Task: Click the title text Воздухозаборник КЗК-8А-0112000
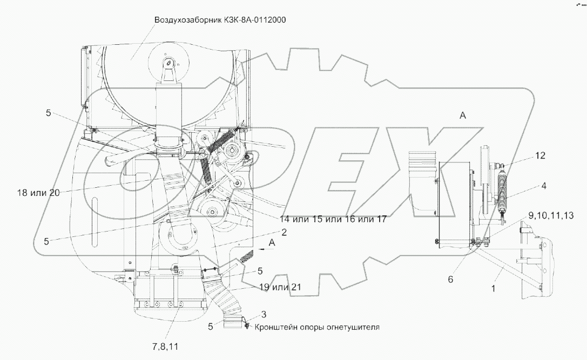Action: click(x=220, y=21)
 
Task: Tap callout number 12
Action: click(x=541, y=155)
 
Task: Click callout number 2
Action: click(x=284, y=232)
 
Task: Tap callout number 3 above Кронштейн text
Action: click(x=264, y=314)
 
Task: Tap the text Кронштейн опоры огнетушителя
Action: click(x=318, y=327)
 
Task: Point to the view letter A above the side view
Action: click(x=463, y=115)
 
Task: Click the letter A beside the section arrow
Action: click(x=272, y=242)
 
